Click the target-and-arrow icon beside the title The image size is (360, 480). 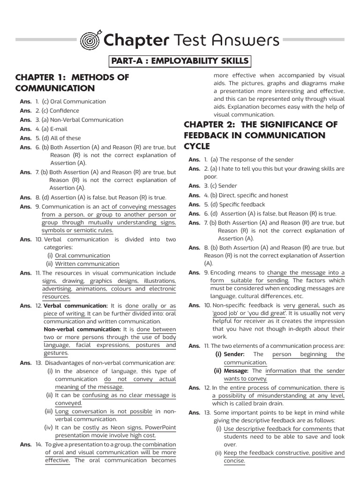(92, 40)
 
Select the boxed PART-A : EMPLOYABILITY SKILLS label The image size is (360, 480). (180, 61)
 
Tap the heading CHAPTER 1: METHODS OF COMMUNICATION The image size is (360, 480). (72, 83)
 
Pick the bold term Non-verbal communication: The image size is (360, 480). (82, 330)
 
